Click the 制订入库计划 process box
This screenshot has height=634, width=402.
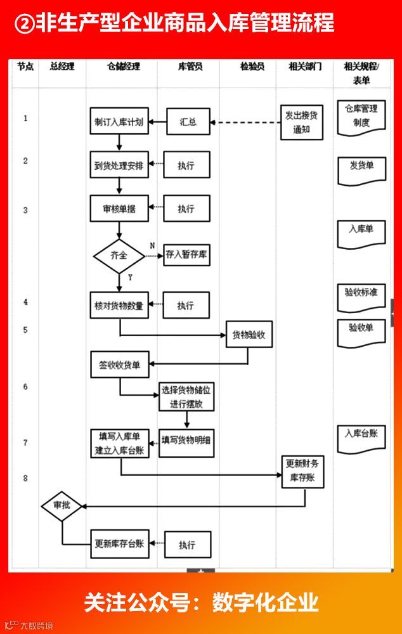tap(119, 121)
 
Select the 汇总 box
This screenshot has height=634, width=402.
tap(188, 122)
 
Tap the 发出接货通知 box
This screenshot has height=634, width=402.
tap(302, 122)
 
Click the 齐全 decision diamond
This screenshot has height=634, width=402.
tap(119, 256)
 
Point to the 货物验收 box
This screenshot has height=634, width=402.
tap(249, 335)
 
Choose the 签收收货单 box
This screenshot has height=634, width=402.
tap(120, 365)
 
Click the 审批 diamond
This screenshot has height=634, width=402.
tap(62, 506)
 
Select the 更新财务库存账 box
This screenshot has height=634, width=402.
tap(303, 470)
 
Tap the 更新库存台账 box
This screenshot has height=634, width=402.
tap(120, 543)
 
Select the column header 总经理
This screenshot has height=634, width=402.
tap(62, 67)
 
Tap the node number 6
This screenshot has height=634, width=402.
tap(25, 386)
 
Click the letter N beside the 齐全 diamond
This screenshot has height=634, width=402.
tap(152, 245)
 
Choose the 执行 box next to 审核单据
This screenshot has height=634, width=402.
tap(186, 209)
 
